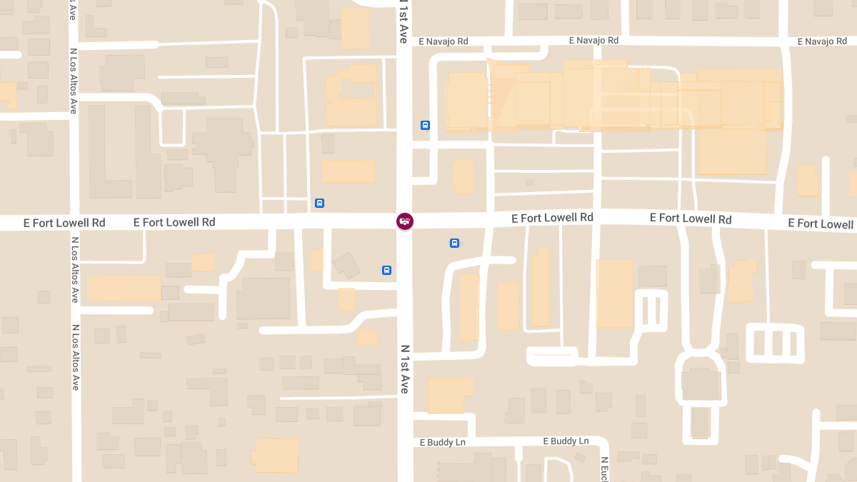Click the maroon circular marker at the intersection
coord(405,221)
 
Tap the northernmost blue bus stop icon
coord(426,126)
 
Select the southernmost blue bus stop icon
coord(386,270)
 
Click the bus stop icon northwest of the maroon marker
coord(319,203)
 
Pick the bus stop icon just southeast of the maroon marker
coord(454,243)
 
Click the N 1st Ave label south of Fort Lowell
coord(404,369)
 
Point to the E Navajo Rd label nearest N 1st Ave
coord(443,41)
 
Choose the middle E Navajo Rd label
coord(593,41)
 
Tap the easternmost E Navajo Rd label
coord(822,41)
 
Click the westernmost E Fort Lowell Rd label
coord(64,223)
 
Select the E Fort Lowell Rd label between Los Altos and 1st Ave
coord(174,222)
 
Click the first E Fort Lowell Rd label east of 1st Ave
coord(552,217)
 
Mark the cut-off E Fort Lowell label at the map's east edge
coord(821,224)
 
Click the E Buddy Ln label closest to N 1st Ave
coord(443,443)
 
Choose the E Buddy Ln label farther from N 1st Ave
coord(566,441)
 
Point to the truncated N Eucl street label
coord(604,468)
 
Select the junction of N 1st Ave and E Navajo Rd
coord(405,41)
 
